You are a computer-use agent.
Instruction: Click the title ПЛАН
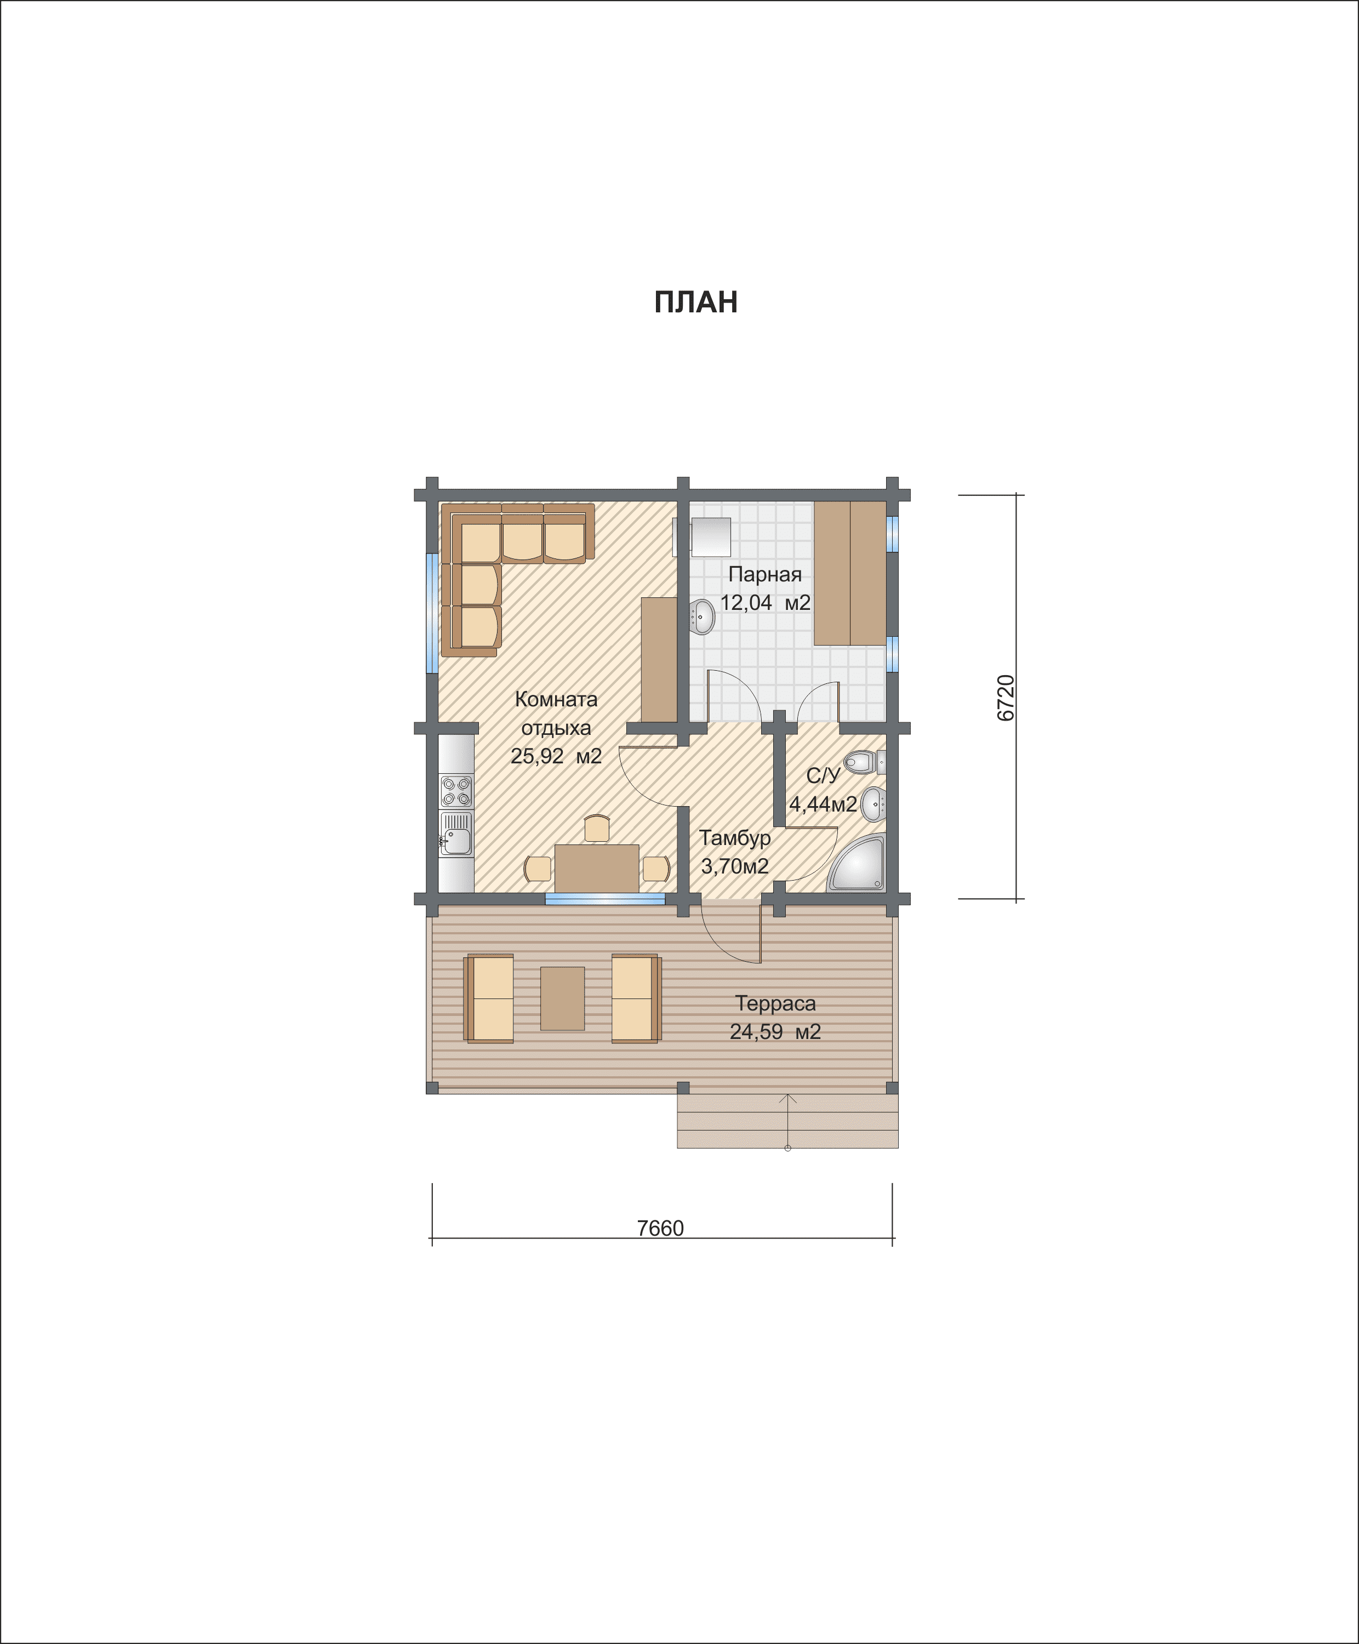[695, 302]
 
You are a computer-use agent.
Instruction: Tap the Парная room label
[765, 575]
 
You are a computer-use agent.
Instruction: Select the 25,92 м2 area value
[556, 756]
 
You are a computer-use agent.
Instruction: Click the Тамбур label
[734, 838]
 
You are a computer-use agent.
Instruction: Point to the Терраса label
[775, 1003]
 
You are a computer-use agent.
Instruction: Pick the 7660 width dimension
[660, 1228]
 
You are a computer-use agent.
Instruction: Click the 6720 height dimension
[1006, 698]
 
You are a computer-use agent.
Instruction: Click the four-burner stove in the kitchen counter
[455, 791]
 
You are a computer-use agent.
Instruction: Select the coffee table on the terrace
[562, 998]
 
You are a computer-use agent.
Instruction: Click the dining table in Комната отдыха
[597, 868]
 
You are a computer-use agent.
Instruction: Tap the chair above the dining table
[597, 827]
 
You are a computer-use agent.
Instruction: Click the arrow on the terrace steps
[787, 1121]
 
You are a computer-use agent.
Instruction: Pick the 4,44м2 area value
[823, 804]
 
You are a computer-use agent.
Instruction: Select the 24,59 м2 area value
[775, 1032]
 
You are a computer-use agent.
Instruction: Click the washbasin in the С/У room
[873, 804]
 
